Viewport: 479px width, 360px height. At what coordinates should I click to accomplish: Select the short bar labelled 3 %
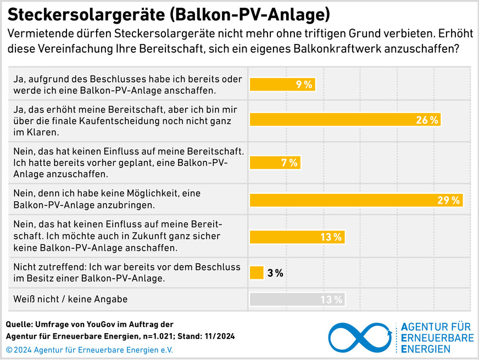pos(257,272)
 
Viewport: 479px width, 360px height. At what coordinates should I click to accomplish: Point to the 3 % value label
pos(275,273)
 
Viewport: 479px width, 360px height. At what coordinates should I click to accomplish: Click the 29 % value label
pos(449,200)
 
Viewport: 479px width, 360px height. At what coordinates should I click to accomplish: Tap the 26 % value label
pos(427,120)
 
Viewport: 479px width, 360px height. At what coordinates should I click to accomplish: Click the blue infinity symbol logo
pos(360,337)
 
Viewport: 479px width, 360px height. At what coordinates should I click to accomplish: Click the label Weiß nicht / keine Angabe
pos(70,299)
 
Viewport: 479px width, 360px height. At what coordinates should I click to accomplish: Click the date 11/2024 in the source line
pos(218,336)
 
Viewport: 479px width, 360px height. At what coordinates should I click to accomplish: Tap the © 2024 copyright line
pos(89,350)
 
